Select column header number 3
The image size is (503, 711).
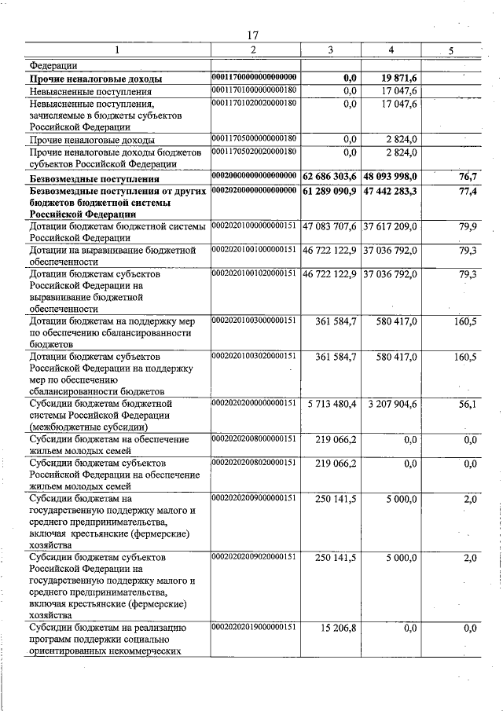coord(330,51)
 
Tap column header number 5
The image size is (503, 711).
coord(450,51)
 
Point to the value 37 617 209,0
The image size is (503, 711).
coord(391,226)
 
